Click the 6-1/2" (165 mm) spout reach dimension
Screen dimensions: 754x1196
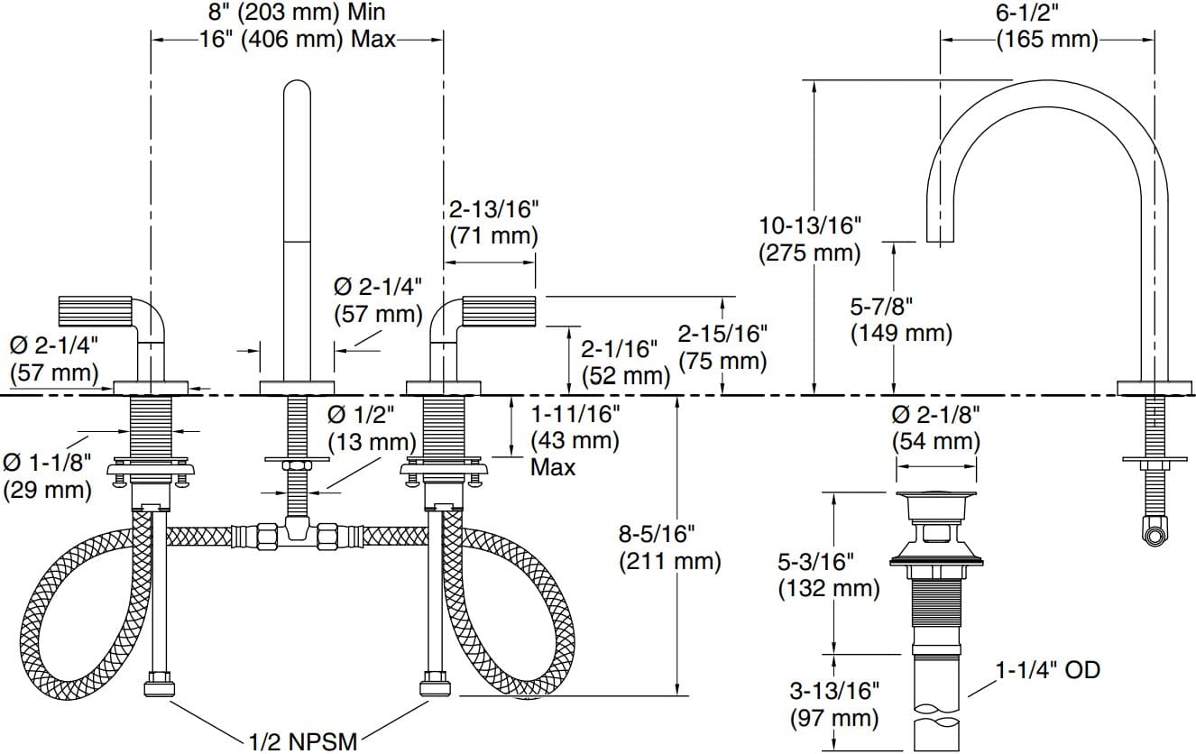point(1046,27)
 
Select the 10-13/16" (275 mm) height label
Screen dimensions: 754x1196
point(810,239)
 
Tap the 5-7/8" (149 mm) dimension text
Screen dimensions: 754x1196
point(900,320)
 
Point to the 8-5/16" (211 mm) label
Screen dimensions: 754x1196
point(669,547)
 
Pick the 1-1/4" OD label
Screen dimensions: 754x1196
point(1047,670)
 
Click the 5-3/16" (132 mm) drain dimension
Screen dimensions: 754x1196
point(828,575)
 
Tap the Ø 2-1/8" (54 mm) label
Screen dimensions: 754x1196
point(935,428)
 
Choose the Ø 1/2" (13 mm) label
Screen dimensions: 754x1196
point(371,429)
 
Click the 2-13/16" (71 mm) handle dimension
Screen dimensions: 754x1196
point(492,223)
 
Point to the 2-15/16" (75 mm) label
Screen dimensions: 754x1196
point(722,347)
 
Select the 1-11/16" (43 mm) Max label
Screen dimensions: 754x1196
point(575,440)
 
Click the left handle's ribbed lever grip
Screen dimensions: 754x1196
point(96,310)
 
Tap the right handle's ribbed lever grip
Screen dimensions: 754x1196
point(500,310)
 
